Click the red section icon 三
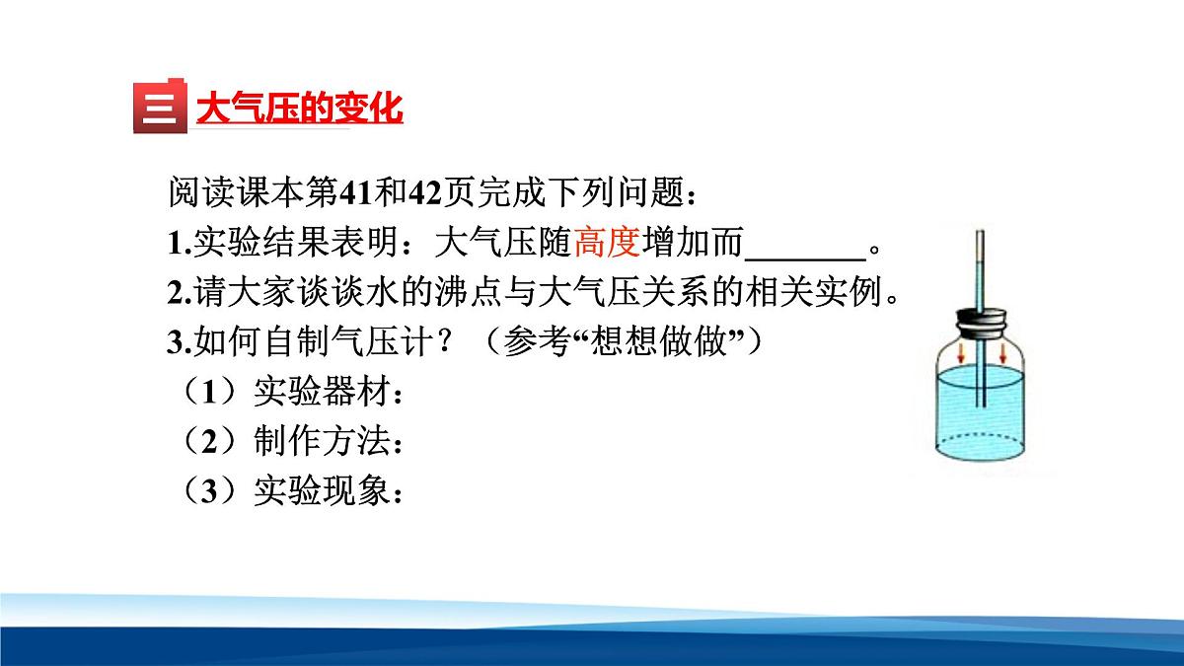(159, 107)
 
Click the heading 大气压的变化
(299, 107)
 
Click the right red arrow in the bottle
(1003, 352)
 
